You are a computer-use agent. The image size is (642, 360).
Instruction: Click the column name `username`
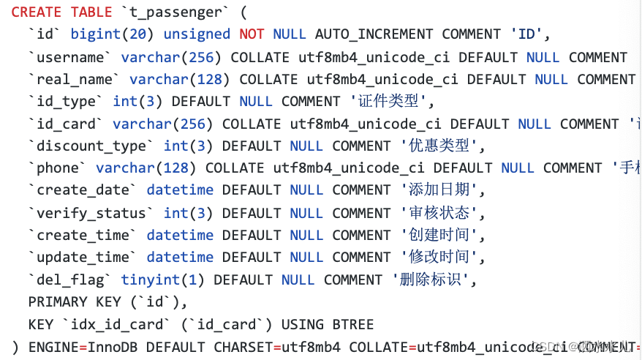pos(70,57)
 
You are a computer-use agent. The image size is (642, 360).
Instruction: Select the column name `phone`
pos(58,168)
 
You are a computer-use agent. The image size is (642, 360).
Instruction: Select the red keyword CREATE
pos(37,12)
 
